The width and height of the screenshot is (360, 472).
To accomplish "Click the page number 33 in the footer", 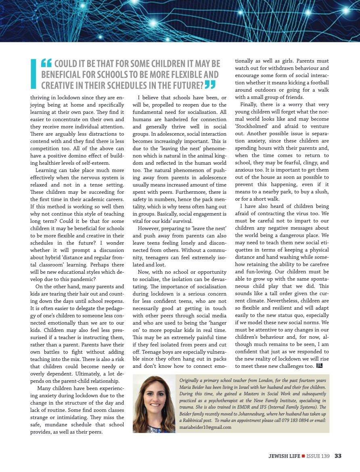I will pos(338,456).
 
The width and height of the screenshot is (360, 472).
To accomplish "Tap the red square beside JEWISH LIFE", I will pos(303,456).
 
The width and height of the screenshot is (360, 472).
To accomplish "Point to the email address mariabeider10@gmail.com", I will pos(205,427).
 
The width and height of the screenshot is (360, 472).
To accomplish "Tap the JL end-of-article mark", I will pos(320,366).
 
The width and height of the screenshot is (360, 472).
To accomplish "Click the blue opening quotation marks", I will pos(46,63).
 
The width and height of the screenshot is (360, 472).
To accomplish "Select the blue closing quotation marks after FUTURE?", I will pos(210,84).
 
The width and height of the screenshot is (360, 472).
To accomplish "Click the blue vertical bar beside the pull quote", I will pos(33,73).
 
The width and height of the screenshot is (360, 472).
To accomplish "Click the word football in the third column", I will pos(317,83).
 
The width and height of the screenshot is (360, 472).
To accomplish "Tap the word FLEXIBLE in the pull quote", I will pos(185,74).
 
